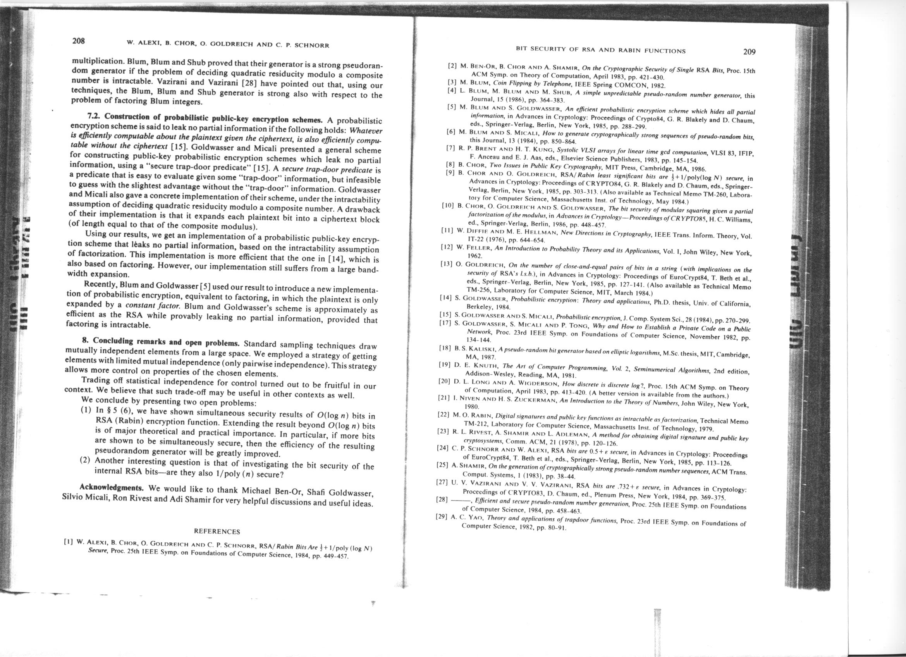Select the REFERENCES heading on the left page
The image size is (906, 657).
point(217,531)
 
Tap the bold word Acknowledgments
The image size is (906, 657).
point(111,488)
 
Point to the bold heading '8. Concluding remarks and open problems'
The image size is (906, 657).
point(160,342)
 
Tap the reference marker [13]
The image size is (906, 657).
point(446,265)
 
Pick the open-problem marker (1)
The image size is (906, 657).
point(87,410)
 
